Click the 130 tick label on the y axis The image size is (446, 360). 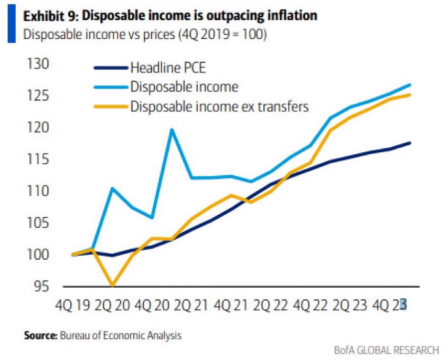[37, 65]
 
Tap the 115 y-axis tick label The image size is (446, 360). [37, 160]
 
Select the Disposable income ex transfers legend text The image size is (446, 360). [219, 106]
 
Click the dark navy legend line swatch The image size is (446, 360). [111, 68]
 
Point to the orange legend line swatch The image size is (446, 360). [111, 106]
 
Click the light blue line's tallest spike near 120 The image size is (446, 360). [172, 129]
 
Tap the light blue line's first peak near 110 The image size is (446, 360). [112, 188]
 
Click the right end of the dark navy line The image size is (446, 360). [410, 143]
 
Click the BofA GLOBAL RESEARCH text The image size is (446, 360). [386, 350]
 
